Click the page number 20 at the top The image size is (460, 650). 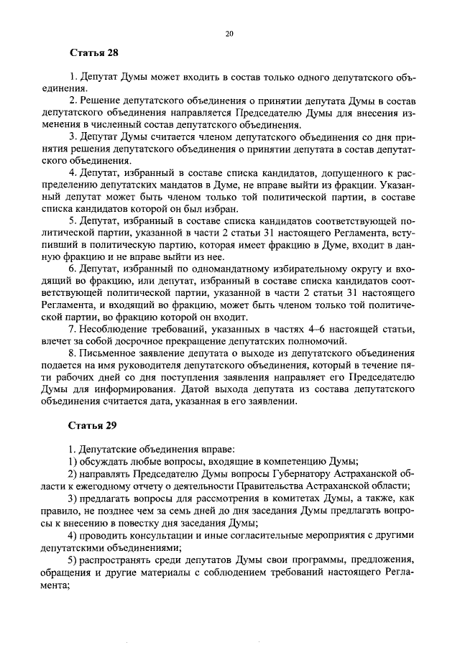click(x=230, y=33)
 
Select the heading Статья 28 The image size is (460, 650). click(x=93, y=54)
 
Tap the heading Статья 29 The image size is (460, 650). click(x=93, y=425)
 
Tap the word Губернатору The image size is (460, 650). click(x=279, y=474)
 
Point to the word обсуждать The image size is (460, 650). click(x=106, y=461)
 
